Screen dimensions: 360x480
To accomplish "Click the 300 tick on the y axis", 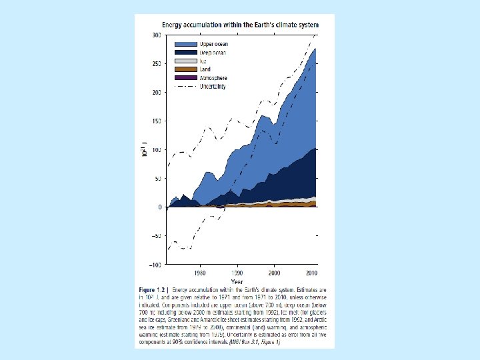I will (x=157, y=35).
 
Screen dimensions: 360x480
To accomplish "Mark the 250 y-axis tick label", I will (x=157, y=63).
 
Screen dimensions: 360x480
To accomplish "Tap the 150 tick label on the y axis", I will (x=157, y=121).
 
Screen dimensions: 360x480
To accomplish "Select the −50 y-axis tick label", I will (x=155, y=236).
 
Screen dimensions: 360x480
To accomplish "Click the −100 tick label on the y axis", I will (x=154, y=265).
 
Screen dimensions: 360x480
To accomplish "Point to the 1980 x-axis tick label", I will (x=199, y=273).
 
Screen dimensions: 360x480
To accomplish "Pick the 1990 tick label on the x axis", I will (x=237, y=273).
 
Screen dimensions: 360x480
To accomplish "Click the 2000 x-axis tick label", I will (x=274, y=273).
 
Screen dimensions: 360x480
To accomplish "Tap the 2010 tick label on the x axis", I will (x=311, y=273).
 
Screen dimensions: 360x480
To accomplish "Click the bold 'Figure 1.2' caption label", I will (x=153, y=291).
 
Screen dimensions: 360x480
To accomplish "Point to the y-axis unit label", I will (x=144, y=152).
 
